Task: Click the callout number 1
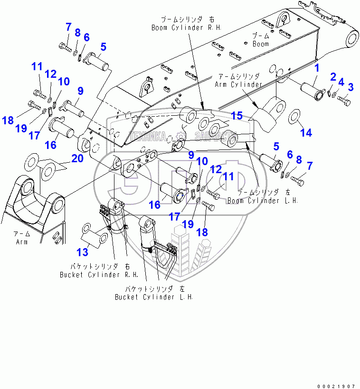[x=317, y=68]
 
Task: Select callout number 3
[x=351, y=87]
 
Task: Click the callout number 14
[x=307, y=133]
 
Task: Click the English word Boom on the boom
[x=260, y=44]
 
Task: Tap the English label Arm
[x=21, y=241]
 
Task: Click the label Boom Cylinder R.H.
[x=183, y=28]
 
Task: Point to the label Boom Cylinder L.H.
[x=262, y=201]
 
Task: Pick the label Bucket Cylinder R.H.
[x=99, y=275]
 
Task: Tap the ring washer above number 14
[x=294, y=115]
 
